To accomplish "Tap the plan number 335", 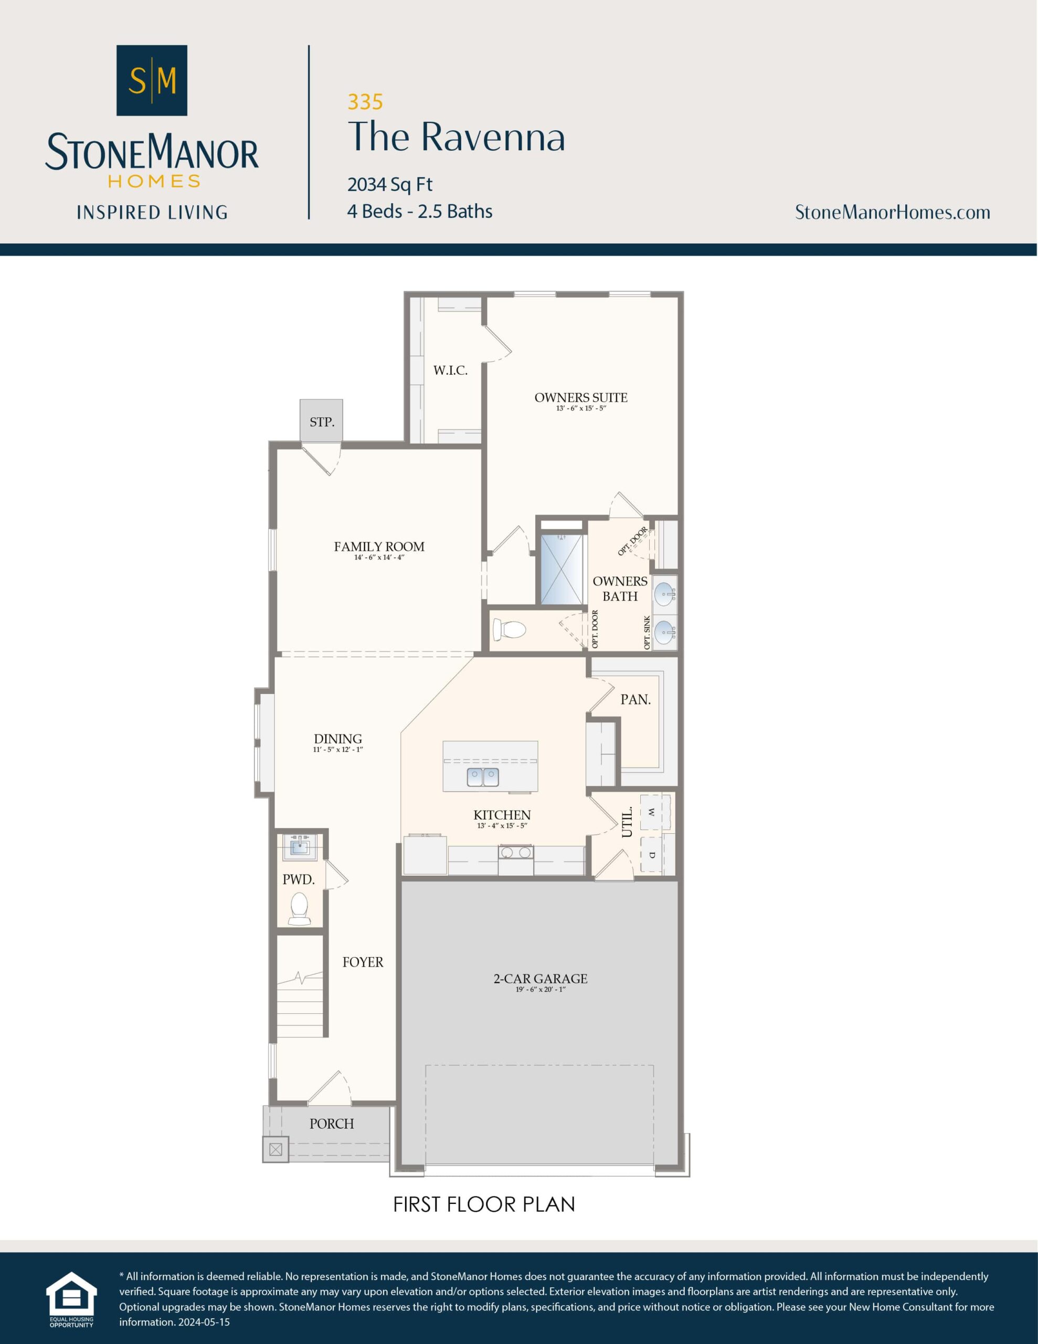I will click(365, 101).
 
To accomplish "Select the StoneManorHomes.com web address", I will click(892, 212).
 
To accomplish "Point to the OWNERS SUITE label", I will click(581, 397).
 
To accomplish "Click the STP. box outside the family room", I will click(321, 421).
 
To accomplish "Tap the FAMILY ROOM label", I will click(379, 547).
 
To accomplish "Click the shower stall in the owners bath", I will click(560, 569).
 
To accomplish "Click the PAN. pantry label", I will click(635, 699).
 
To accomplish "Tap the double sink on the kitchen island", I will click(482, 777).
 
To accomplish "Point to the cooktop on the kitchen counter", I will click(516, 852).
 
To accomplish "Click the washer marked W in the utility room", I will click(652, 813).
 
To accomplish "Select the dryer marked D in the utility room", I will click(652, 854).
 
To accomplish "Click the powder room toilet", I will click(300, 909).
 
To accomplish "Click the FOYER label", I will click(363, 962).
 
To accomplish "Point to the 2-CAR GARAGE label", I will click(540, 979).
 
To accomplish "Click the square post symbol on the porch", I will click(276, 1148).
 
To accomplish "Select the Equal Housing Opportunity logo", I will click(71, 1298).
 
